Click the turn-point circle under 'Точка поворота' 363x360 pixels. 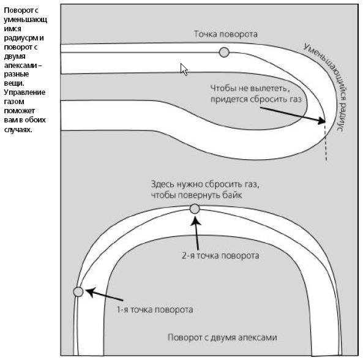click(224, 52)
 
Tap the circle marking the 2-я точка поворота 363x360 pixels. click(195, 209)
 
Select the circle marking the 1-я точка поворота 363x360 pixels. click(78, 291)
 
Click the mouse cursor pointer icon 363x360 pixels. click(184, 69)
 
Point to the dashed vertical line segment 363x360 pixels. click(326, 143)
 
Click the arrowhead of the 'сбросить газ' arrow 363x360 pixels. click(322, 121)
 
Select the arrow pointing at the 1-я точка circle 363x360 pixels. click(104, 294)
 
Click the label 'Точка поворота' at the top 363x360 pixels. click(226, 34)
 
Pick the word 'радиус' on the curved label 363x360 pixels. click(342, 114)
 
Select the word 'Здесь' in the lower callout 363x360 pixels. click(163, 184)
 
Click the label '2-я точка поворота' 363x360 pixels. click(220, 256)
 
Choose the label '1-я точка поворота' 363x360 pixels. click(155, 310)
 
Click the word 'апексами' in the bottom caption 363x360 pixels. click(258, 337)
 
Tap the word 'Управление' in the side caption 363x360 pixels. click(24, 92)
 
